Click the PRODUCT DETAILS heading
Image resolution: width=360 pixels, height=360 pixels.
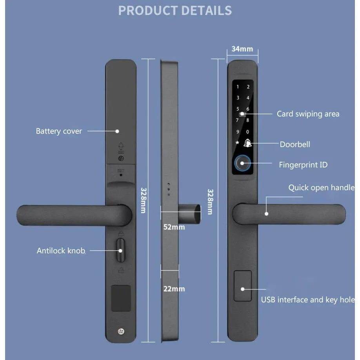pyautogui.click(x=175, y=11)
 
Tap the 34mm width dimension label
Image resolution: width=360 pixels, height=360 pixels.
pyautogui.click(x=242, y=49)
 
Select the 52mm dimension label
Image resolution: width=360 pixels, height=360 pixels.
pyautogui.click(x=174, y=227)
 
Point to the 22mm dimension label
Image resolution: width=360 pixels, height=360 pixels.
pyautogui.click(x=174, y=289)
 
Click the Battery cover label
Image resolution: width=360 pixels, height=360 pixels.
pyautogui.click(x=59, y=131)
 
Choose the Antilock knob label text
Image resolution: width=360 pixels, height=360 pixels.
pyautogui.click(x=61, y=251)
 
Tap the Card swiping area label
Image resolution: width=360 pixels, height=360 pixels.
pyautogui.click(x=308, y=114)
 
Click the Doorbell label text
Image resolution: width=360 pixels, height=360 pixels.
pyautogui.click(x=295, y=144)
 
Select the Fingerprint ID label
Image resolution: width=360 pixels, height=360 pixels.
pyautogui.click(x=303, y=165)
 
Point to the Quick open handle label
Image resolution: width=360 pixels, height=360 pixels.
pyautogui.click(x=322, y=187)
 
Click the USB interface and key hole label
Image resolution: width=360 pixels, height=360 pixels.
pyautogui.click(x=308, y=300)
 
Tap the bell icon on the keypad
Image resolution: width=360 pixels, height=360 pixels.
pyautogui.click(x=247, y=143)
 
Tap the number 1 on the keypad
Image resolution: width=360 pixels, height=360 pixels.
pyautogui.click(x=238, y=87)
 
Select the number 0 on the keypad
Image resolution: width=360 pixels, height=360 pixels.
pyautogui.click(x=247, y=132)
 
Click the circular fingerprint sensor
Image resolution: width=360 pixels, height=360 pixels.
pyautogui.click(x=242, y=163)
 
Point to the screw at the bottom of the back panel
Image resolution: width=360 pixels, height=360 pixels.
pyautogui.click(x=121, y=331)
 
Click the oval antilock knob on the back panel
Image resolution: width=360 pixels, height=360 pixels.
pyautogui.click(x=120, y=250)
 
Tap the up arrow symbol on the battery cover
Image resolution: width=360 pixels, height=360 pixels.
pyautogui.click(x=121, y=145)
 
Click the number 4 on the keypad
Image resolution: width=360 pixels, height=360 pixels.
pyautogui.click(x=248, y=98)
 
